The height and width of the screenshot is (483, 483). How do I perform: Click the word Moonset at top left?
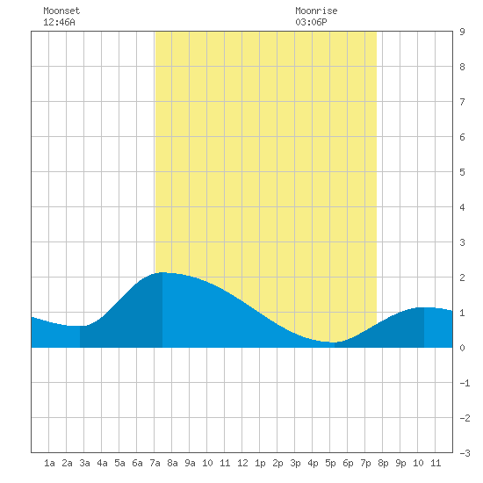point(61,11)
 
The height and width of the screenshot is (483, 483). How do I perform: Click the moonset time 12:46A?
point(59,22)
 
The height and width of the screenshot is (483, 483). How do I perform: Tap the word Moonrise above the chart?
point(316,11)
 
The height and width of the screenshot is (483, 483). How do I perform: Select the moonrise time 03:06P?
point(311,22)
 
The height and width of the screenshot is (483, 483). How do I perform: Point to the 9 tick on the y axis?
point(462,32)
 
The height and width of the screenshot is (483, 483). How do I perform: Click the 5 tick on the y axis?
point(462,172)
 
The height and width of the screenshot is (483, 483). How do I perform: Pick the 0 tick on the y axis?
point(462,348)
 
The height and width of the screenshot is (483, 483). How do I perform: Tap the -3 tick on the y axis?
point(465,453)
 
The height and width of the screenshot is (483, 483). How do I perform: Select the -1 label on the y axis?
point(465,383)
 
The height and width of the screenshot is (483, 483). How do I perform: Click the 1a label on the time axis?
point(49,463)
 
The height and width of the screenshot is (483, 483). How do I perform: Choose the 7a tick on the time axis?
point(155,463)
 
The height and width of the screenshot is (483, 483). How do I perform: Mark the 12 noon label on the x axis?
point(242,463)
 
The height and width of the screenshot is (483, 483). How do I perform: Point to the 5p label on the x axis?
point(330,463)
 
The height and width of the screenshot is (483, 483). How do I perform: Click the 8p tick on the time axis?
point(383,463)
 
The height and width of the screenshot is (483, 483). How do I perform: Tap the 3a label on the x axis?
point(84,463)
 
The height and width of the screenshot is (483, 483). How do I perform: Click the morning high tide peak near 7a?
point(162,272)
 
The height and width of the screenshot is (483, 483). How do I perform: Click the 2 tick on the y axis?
point(462,278)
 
